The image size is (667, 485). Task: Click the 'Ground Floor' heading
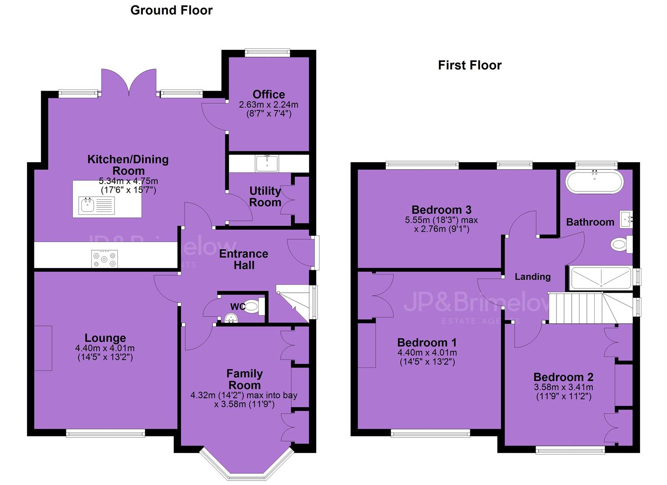coord(172,11)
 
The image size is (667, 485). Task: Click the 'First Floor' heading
coord(469,66)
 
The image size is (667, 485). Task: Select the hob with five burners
coord(104,259)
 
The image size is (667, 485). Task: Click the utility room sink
coord(267,164)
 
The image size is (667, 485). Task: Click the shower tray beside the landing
coord(601,278)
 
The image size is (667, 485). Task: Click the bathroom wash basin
coord(626,220)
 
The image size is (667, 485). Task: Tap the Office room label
coord(269,94)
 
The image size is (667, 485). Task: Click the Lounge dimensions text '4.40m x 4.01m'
coord(105,348)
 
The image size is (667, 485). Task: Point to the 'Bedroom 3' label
coord(441,210)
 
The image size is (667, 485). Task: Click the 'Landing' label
coord(533,277)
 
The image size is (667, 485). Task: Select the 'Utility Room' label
coord(265,197)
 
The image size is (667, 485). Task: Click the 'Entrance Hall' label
coord(243,259)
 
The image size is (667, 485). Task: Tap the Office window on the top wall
coord(267,53)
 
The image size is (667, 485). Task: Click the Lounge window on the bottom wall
coord(106,433)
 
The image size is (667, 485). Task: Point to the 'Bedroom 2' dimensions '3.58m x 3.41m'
coord(563,387)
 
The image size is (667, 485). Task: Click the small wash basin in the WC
coord(231,318)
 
